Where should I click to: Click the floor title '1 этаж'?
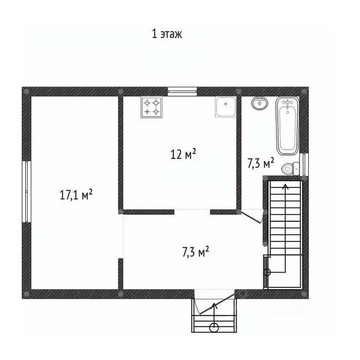(166, 34)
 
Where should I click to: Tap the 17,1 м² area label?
(75, 195)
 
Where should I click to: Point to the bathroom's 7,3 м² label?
(261, 163)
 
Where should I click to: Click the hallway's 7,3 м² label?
(195, 252)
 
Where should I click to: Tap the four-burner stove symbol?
(151, 107)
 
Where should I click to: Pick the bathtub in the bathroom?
(287, 126)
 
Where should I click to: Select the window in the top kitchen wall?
(182, 91)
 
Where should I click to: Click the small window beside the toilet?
(305, 164)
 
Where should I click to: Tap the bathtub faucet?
(287, 102)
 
